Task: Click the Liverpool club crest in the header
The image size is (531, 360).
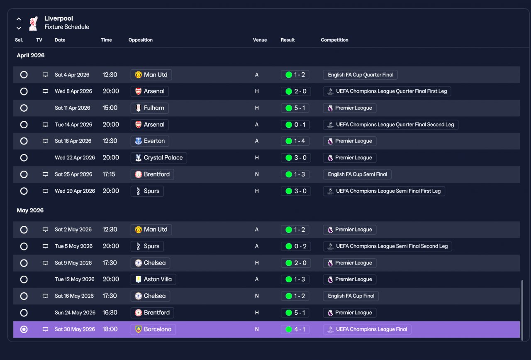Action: click(x=33, y=23)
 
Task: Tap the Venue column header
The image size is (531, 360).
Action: click(x=260, y=40)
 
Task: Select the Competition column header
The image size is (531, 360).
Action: click(x=334, y=40)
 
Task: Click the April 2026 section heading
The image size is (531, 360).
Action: click(x=31, y=55)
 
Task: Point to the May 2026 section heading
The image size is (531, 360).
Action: click(x=30, y=210)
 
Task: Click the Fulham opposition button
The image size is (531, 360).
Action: click(x=150, y=108)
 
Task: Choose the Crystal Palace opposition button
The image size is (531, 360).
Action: click(x=158, y=157)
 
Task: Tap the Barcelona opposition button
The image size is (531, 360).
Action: click(x=153, y=329)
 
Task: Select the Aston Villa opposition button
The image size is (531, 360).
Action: click(x=153, y=279)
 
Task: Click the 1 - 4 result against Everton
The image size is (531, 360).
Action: click(x=295, y=141)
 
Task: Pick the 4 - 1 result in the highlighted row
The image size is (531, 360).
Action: click(x=295, y=329)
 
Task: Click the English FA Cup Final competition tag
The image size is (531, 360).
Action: click(x=351, y=296)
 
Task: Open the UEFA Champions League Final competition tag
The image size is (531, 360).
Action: click(x=367, y=329)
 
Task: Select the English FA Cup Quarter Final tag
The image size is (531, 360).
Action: click(x=360, y=75)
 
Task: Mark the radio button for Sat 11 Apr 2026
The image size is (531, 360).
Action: click(x=24, y=108)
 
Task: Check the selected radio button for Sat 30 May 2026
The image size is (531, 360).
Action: click(x=24, y=329)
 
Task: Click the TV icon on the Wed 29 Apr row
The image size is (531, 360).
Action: click(x=45, y=191)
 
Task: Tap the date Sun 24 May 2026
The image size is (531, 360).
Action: click(x=75, y=313)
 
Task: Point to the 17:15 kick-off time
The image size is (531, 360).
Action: click(x=109, y=174)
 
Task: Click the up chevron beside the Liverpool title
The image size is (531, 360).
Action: click(x=19, y=19)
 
